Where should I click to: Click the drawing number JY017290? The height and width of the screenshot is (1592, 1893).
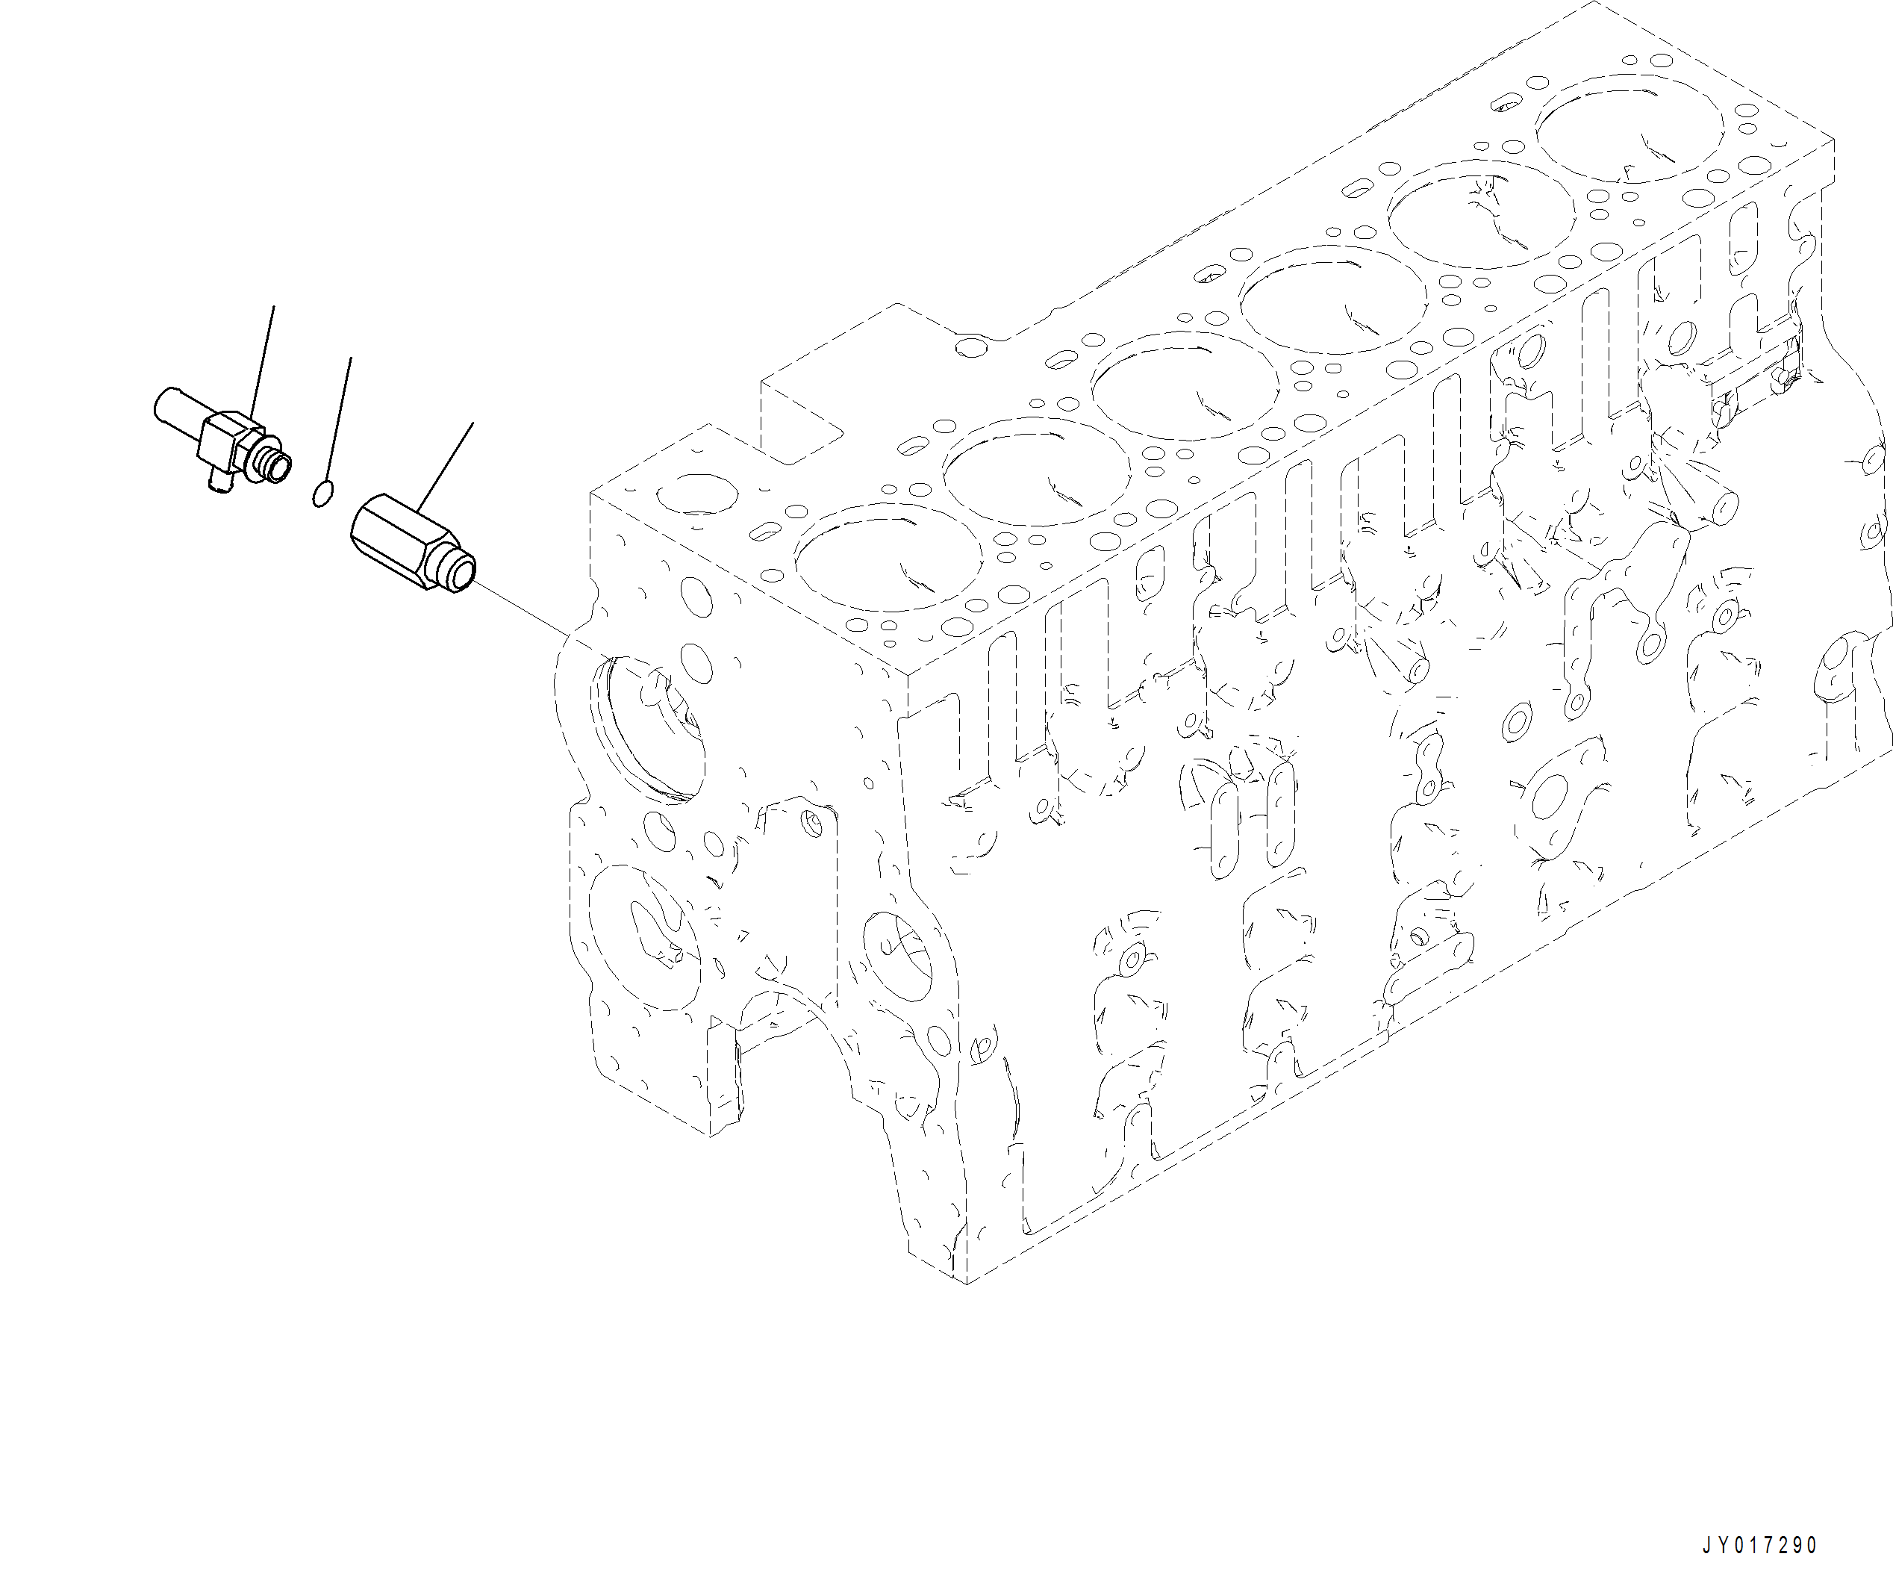1759,1546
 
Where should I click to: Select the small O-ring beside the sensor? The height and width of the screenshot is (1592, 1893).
323,494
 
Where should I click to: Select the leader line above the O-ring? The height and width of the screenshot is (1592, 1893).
338,420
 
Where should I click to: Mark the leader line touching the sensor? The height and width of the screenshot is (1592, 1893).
263,361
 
